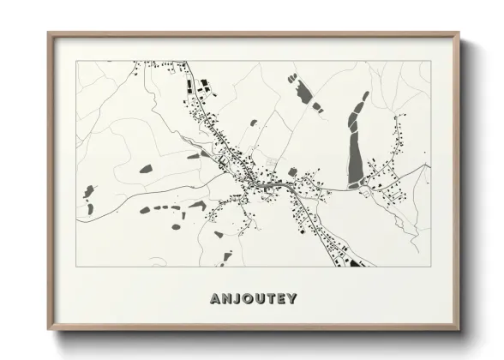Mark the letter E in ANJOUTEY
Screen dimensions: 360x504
282,299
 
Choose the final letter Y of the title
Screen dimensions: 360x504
293,299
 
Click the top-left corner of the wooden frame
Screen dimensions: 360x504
48,33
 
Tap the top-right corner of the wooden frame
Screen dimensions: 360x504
460,33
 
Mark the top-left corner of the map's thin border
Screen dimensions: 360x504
75,61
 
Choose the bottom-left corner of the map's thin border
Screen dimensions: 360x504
75,267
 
